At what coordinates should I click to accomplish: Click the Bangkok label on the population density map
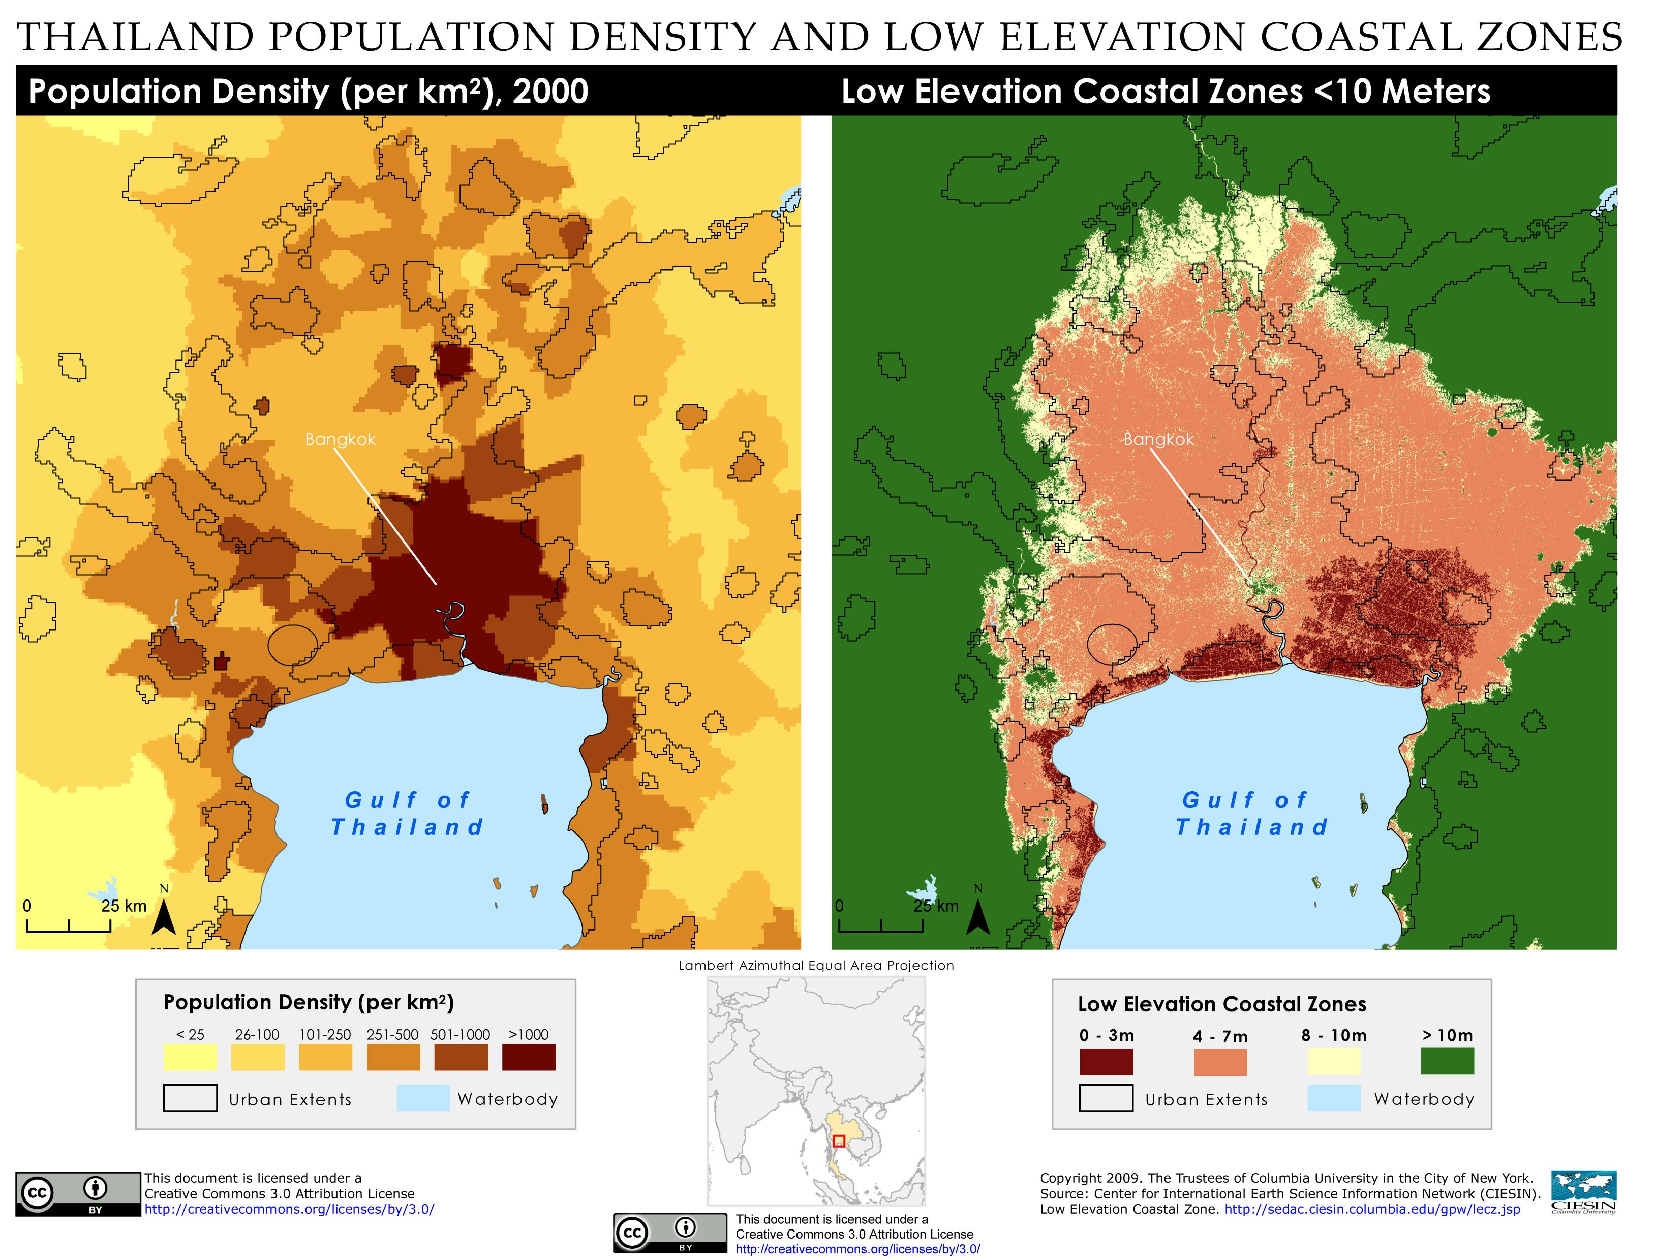(x=340, y=439)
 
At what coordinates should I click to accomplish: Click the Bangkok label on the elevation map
(x=1157, y=439)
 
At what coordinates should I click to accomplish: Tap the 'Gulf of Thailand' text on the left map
(x=407, y=814)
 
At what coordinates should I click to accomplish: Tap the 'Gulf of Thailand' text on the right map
(x=1251, y=814)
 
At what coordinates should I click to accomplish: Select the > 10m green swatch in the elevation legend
(x=1447, y=1061)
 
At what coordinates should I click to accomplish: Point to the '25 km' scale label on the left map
(x=124, y=906)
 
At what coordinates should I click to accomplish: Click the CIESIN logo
(x=1583, y=1192)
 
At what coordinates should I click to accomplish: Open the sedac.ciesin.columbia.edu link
(x=1372, y=1209)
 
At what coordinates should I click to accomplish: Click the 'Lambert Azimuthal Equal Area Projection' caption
(x=816, y=965)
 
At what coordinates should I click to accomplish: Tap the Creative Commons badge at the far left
(x=78, y=1193)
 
